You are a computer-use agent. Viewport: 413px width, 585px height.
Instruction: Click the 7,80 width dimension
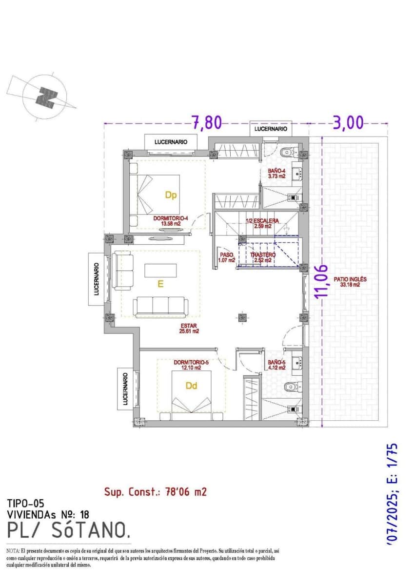(207, 122)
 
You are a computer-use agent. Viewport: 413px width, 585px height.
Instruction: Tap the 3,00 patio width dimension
(348, 122)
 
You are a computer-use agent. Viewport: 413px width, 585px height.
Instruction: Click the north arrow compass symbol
(46, 97)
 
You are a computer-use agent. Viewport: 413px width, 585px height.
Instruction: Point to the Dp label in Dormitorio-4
(170, 195)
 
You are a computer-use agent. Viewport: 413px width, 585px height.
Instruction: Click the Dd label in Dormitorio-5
(192, 386)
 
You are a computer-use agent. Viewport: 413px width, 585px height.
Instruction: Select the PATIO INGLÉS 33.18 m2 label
(350, 282)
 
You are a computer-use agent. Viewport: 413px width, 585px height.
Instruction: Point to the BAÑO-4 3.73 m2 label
(276, 174)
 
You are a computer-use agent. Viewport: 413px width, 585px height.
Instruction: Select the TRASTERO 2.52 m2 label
(263, 257)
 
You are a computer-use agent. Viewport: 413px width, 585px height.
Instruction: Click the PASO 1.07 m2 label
(227, 257)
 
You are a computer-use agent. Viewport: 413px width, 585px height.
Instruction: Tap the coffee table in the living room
(161, 270)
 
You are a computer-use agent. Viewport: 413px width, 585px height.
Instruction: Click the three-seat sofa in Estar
(161, 306)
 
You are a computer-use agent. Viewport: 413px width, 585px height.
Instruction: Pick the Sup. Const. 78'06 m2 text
(155, 492)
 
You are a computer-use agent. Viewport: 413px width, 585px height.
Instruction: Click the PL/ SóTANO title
(69, 529)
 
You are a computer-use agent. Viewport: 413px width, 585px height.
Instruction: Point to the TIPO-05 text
(27, 503)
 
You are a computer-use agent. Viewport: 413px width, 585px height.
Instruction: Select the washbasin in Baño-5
(297, 362)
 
